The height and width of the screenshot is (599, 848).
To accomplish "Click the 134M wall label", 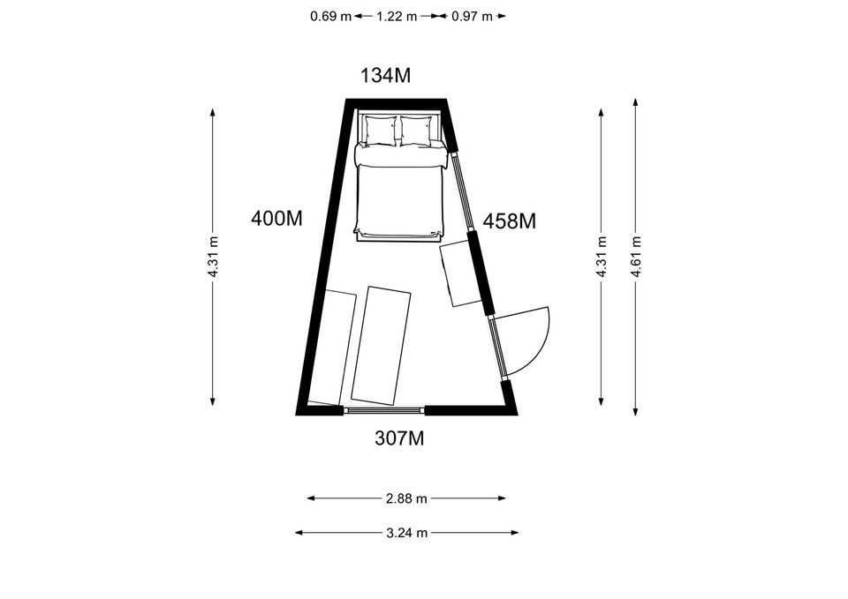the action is pos(386,76).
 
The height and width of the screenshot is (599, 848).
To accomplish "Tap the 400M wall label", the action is pos(276,219).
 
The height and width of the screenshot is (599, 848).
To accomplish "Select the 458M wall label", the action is pos(509,221).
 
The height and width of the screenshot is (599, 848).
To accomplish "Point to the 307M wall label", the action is pos(399,438).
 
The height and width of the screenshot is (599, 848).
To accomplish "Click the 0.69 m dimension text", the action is pos(330,16).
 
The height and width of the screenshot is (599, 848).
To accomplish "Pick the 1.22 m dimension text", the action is pos(397,16).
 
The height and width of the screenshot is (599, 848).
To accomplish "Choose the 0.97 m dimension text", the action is pos(472,16).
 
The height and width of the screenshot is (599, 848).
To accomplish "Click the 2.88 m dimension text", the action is pos(406,498).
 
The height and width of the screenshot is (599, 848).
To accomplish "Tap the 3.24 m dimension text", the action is pos(406,533).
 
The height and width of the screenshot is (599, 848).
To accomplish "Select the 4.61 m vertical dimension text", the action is pos(636,257).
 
